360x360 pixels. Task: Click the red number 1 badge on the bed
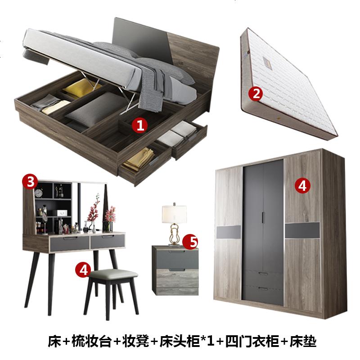[x=140, y=126]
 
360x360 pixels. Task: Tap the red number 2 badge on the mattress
[x=256, y=94]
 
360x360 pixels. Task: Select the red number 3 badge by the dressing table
[x=30, y=182]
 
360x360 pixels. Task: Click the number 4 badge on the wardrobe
[x=302, y=185]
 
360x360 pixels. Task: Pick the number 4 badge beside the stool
[x=83, y=270]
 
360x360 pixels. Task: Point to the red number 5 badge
[x=190, y=242]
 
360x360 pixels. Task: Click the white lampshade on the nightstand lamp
[x=174, y=214]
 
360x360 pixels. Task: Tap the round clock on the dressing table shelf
[x=39, y=193]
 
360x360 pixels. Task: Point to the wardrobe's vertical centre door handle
[x=263, y=217]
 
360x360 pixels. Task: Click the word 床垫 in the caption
[x=303, y=342]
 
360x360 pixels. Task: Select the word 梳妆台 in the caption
[x=92, y=342]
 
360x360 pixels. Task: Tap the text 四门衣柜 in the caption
[x=252, y=342]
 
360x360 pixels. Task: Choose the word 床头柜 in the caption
[x=180, y=342]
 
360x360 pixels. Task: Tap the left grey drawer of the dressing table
[x=70, y=243]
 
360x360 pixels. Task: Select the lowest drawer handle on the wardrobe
[x=263, y=288]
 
